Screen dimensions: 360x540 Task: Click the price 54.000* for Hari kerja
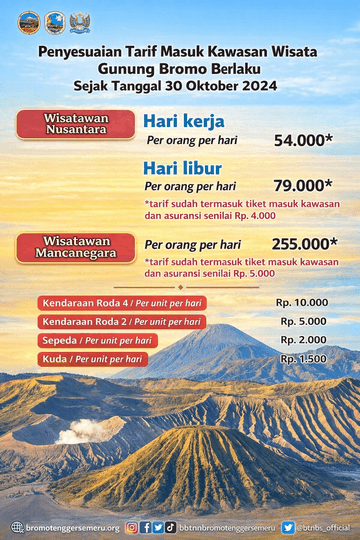[304, 140]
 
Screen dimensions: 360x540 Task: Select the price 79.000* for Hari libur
[303, 185]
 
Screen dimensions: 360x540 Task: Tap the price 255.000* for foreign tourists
[304, 243]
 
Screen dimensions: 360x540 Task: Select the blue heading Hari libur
[182, 167]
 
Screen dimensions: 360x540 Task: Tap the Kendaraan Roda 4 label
[120, 303]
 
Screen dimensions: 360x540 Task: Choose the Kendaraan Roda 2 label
[120, 322]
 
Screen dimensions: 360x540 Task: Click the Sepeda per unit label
[96, 340]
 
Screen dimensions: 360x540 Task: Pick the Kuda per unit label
[90, 358]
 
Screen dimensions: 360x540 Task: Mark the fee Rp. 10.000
[302, 302]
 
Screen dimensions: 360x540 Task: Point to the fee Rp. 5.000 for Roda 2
[304, 321]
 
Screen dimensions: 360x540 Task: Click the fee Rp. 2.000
[304, 339]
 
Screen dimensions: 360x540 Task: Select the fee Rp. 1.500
[304, 358]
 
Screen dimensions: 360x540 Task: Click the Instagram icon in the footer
[132, 527]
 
